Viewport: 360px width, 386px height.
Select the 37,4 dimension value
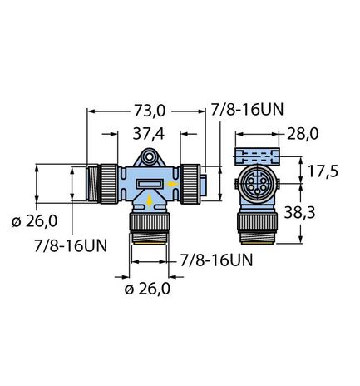click(x=149, y=134)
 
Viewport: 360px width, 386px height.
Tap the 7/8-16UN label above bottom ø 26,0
click(x=217, y=260)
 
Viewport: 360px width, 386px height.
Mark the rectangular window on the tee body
click(x=149, y=183)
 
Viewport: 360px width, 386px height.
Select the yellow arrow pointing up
click(x=149, y=200)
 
